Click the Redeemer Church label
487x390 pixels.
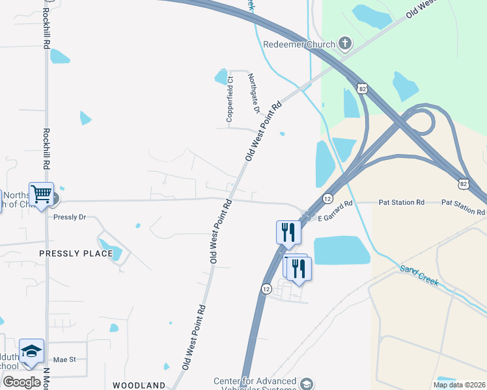[299, 45]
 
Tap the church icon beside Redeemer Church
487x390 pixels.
[345, 44]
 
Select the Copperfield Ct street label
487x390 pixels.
[230, 99]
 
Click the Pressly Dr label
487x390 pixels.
[70, 217]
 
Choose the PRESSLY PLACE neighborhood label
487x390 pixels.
[76, 253]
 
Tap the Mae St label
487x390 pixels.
[64, 359]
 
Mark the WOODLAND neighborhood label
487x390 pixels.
[139, 385]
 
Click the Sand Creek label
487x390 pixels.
[420, 277]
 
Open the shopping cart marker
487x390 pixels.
[41, 194]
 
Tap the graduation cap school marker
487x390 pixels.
[31, 352]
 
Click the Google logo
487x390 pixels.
[21, 382]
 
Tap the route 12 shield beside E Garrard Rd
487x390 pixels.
[328, 198]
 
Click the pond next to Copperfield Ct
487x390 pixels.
[221, 77]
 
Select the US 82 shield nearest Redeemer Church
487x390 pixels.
[362, 86]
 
